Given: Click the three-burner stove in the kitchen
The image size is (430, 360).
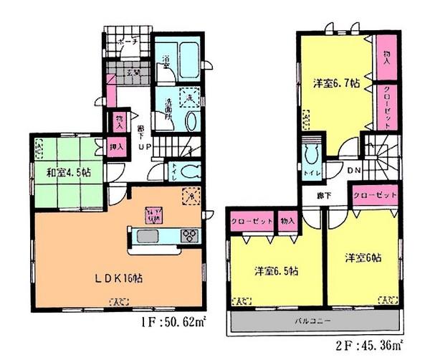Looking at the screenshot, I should coord(190,237).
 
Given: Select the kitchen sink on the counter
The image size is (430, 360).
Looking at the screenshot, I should coord(147,237).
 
